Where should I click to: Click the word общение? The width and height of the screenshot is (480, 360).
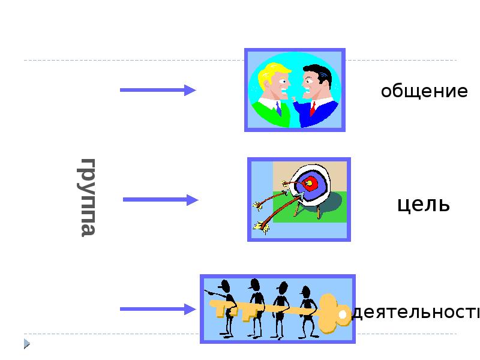tap(424, 92)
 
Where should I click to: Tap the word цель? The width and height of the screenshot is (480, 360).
tap(423, 204)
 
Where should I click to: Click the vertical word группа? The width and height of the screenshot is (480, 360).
tap(88, 197)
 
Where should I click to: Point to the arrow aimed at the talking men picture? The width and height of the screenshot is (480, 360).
tap(157, 90)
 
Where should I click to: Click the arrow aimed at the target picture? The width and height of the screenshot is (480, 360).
tap(160, 200)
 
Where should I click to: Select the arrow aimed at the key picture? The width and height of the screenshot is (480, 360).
tap(157, 309)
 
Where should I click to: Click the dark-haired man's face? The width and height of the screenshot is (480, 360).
tap(313, 84)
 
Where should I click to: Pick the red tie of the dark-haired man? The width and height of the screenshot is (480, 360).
tap(313, 109)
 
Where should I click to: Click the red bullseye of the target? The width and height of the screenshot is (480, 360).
tap(310, 182)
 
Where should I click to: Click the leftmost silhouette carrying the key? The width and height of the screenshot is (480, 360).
tap(226, 306)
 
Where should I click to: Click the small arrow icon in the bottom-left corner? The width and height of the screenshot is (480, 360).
tap(27, 344)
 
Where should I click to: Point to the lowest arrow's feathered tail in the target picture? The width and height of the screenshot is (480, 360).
tap(261, 226)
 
